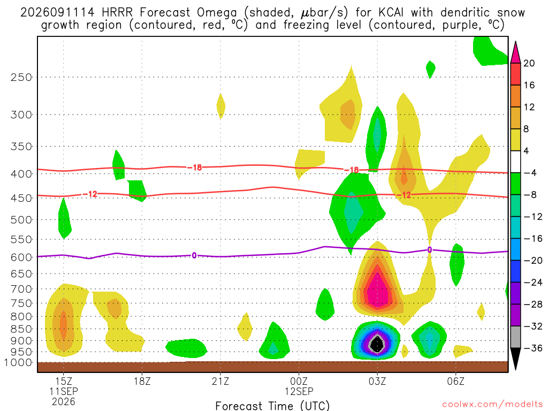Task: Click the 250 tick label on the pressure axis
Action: point(21,77)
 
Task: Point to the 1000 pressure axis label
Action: point(18,362)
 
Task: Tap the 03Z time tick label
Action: point(377,381)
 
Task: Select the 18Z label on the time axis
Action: point(142,381)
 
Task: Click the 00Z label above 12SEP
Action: point(299,381)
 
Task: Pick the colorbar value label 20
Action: point(529,63)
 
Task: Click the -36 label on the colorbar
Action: point(533,348)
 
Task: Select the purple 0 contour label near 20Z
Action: point(194,255)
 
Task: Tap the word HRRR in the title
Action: point(117,13)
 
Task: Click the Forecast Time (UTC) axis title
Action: point(272,406)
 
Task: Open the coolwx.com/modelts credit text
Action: point(492,405)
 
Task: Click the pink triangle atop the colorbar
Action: point(515,52)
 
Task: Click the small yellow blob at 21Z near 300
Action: point(220,106)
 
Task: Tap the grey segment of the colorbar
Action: point(515,337)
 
